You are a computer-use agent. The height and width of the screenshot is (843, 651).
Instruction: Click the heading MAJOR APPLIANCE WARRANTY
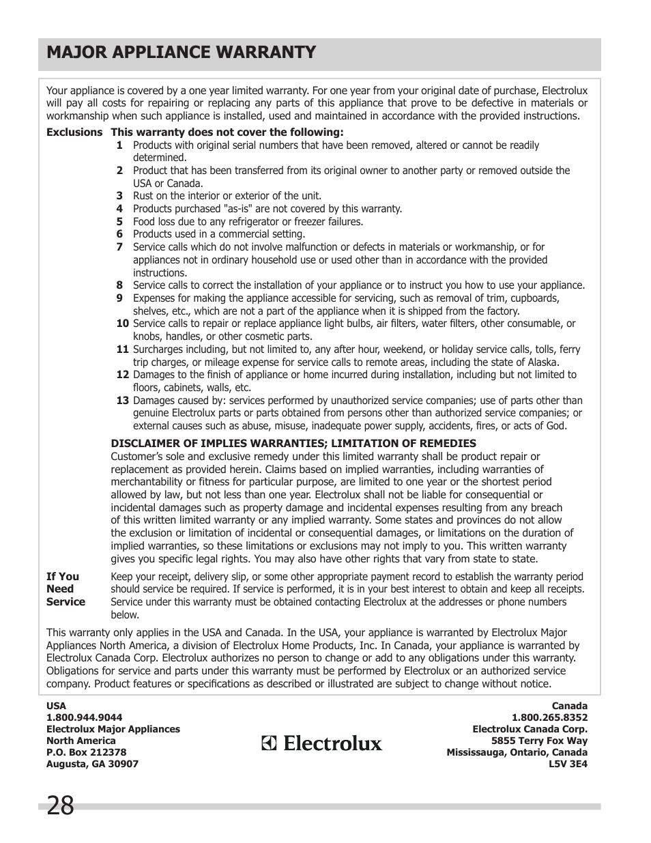coord(181,53)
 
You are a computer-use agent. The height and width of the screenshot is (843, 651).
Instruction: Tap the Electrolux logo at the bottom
coord(322,743)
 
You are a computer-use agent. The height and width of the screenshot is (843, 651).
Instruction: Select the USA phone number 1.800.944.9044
coord(84,717)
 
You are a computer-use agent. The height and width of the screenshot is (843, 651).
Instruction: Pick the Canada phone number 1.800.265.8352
coord(549,717)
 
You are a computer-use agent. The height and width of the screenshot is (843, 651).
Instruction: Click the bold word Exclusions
coord(74,132)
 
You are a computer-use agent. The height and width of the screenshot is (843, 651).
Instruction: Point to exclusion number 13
coord(122,401)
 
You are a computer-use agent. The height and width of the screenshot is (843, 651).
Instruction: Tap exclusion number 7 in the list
coord(119,247)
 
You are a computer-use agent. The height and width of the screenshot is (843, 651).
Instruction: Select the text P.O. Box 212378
coord(86,752)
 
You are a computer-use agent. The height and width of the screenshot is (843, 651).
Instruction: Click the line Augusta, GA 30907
coord(92,764)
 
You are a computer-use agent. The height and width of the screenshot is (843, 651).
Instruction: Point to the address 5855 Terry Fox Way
coord(539,741)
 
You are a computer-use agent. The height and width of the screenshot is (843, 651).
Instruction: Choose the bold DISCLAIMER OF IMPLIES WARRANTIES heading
coord(293,444)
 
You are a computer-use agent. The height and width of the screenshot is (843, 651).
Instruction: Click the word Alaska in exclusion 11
coord(540,362)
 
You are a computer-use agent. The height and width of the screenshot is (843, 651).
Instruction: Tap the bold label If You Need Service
coord(66,589)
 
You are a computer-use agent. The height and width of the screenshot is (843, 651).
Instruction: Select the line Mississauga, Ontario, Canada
coord(517,752)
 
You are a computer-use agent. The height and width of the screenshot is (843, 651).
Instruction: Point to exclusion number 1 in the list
coord(119,145)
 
